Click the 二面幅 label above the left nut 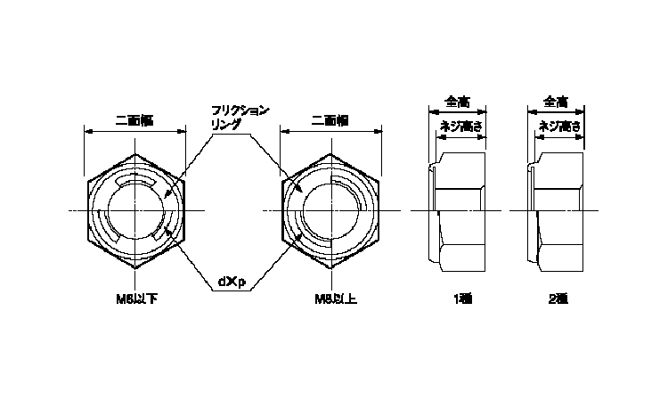pyautogui.click(x=134, y=120)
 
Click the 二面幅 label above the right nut pyautogui.click(x=330, y=120)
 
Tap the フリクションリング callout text pyautogui.click(x=238, y=118)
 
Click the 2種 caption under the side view pyautogui.click(x=558, y=300)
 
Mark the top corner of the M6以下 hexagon pyautogui.click(x=135, y=154)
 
